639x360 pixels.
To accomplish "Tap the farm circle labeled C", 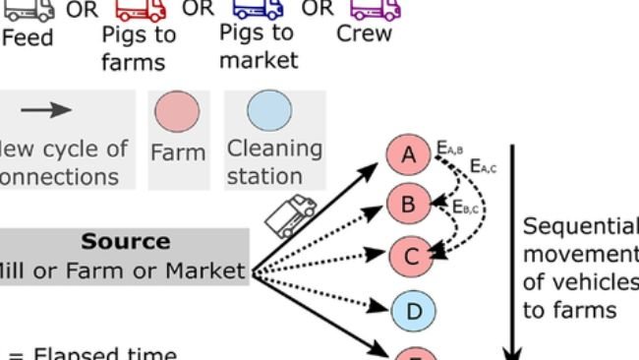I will click(411, 257).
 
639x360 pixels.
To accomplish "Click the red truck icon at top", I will click(141, 9).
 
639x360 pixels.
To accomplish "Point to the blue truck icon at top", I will click(258, 9).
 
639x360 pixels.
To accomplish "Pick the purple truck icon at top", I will click(376, 9).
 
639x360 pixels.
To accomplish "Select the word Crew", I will click(364, 33).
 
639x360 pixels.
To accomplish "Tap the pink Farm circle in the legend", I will click(178, 113).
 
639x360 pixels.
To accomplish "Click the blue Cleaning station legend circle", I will click(261, 113).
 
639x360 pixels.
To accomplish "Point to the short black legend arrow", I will click(46, 109).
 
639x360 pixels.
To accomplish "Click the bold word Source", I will click(126, 242).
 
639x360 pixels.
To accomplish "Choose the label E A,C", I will click(483, 167).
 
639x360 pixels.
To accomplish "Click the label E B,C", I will click(465, 208).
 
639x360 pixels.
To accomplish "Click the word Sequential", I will click(580, 227).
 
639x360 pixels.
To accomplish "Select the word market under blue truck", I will click(258, 60).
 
